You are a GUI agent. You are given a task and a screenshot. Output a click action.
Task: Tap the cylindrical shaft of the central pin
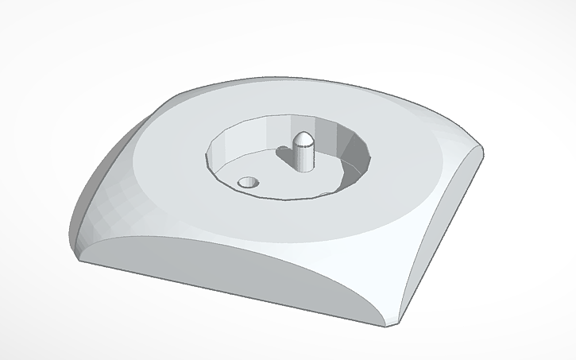point(303,157)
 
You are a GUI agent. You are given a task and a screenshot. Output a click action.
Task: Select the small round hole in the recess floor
point(249,182)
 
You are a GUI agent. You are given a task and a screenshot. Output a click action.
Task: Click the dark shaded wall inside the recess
point(355,154)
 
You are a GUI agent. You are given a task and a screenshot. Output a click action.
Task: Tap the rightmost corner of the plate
point(482,149)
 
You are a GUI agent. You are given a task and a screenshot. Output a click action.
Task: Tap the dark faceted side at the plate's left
point(103,191)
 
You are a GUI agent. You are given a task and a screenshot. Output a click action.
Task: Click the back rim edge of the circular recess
point(286,118)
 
